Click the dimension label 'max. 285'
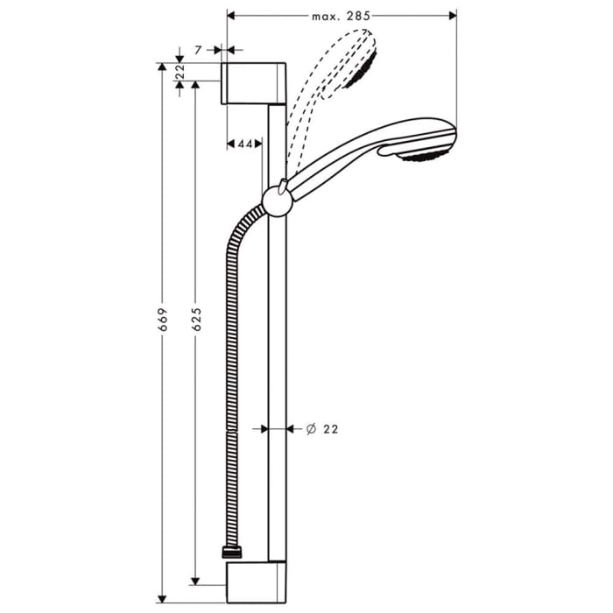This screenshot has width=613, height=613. coord(342,16)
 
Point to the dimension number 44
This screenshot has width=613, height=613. coord(245,143)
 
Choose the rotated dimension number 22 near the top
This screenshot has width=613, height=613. coord(180,72)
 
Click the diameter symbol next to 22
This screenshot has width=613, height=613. coord(311,429)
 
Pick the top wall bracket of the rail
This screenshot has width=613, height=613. coord(254,83)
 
